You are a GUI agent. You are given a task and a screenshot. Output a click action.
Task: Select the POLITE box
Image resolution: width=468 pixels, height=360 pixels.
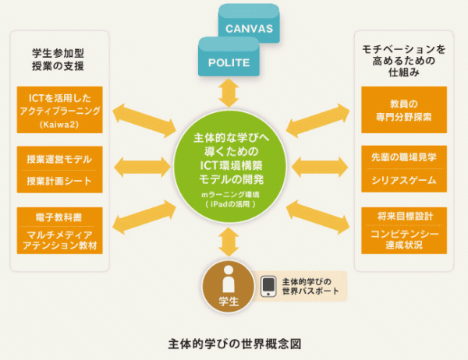[x=229, y=62]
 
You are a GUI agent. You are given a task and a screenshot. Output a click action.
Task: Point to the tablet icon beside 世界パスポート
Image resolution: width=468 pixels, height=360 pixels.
[x=268, y=286]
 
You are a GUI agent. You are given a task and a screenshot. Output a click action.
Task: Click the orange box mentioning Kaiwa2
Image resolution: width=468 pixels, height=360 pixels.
[x=60, y=109]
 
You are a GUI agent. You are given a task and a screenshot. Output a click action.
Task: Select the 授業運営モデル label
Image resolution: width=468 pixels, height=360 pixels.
[x=60, y=158]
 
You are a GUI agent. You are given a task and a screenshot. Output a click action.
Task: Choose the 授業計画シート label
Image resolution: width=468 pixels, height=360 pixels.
[x=60, y=182]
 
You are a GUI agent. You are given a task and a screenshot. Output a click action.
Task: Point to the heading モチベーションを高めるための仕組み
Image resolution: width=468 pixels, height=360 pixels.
[x=404, y=60]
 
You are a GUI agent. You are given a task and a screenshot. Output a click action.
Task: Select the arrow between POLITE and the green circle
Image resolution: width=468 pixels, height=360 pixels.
[x=229, y=93]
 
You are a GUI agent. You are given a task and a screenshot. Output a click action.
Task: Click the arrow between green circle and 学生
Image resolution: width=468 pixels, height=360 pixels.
[x=229, y=242]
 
